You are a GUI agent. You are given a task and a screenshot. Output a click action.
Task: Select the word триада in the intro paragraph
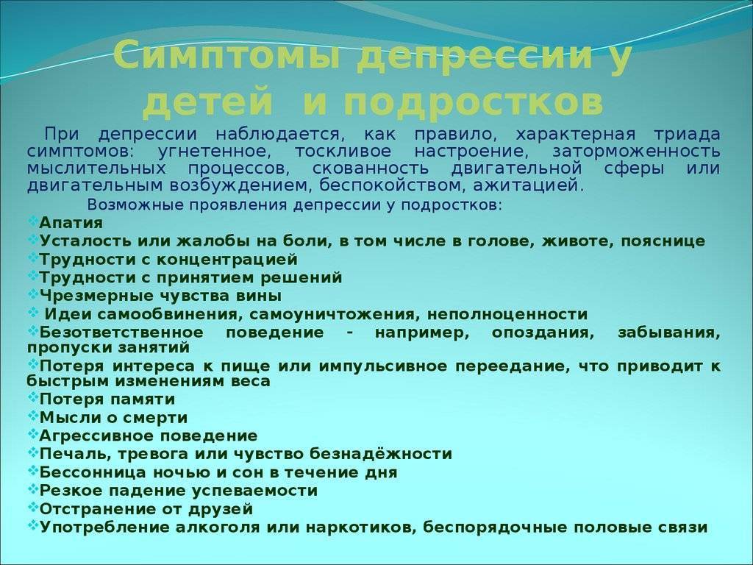(688, 134)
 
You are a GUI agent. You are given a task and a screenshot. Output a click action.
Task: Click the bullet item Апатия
(71, 224)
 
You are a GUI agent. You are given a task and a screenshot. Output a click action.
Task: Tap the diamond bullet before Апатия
(32, 221)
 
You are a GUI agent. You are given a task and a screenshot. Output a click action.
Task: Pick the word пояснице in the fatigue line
(663, 241)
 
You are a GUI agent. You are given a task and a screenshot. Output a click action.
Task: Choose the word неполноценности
(507, 315)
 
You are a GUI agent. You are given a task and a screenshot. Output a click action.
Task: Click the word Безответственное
(121, 333)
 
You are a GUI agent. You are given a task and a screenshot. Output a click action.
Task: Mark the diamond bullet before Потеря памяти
(32, 397)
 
